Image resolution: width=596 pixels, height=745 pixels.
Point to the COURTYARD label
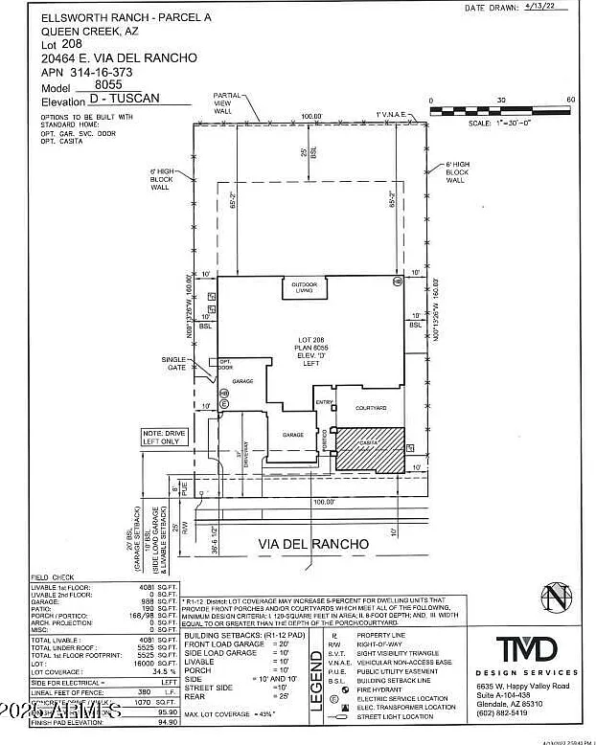[x=371, y=408]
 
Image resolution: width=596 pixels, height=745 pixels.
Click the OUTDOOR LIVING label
[x=304, y=286]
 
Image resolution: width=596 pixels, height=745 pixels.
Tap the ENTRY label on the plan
[x=323, y=402]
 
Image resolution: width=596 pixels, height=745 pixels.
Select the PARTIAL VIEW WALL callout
[x=227, y=102]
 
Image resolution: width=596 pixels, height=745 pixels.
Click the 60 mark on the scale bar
[x=570, y=101]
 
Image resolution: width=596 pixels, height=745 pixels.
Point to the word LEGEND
[x=315, y=679]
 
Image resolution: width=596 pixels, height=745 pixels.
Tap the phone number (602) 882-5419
[x=505, y=712]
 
